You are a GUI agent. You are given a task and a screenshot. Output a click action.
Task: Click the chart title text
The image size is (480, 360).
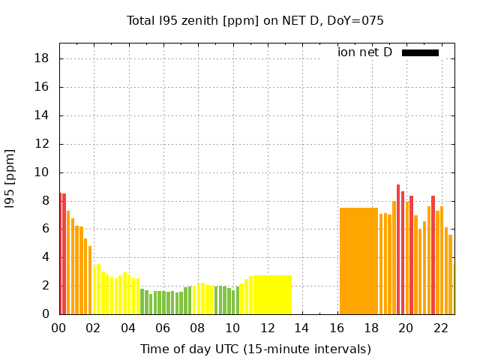click(x=255, y=20)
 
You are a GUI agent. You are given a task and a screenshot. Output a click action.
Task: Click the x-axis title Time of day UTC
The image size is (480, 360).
click(x=255, y=349)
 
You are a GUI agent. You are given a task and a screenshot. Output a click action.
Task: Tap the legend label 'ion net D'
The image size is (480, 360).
click(x=364, y=52)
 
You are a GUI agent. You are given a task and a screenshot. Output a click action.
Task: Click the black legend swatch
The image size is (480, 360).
click(x=420, y=52)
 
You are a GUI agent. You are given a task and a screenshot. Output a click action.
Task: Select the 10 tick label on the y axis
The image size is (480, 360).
click(x=43, y=172)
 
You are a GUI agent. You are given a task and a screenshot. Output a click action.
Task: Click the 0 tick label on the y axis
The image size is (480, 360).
click(x=46, y=314)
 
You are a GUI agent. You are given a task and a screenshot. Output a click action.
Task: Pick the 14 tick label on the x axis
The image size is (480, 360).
click(x=301, y=328)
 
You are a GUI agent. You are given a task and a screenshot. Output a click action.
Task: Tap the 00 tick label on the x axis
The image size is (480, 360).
click(x=58, y=328)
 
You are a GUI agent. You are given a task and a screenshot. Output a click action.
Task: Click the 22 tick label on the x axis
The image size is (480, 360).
click(x=441, y=328)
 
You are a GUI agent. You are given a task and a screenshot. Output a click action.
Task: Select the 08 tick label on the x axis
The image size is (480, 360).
click(x=197, y=328)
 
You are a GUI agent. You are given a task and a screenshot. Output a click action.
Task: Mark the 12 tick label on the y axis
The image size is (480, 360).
click(x=43, y=144)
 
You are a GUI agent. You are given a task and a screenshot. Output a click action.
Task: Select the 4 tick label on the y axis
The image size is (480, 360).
click(x=46, y=257)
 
